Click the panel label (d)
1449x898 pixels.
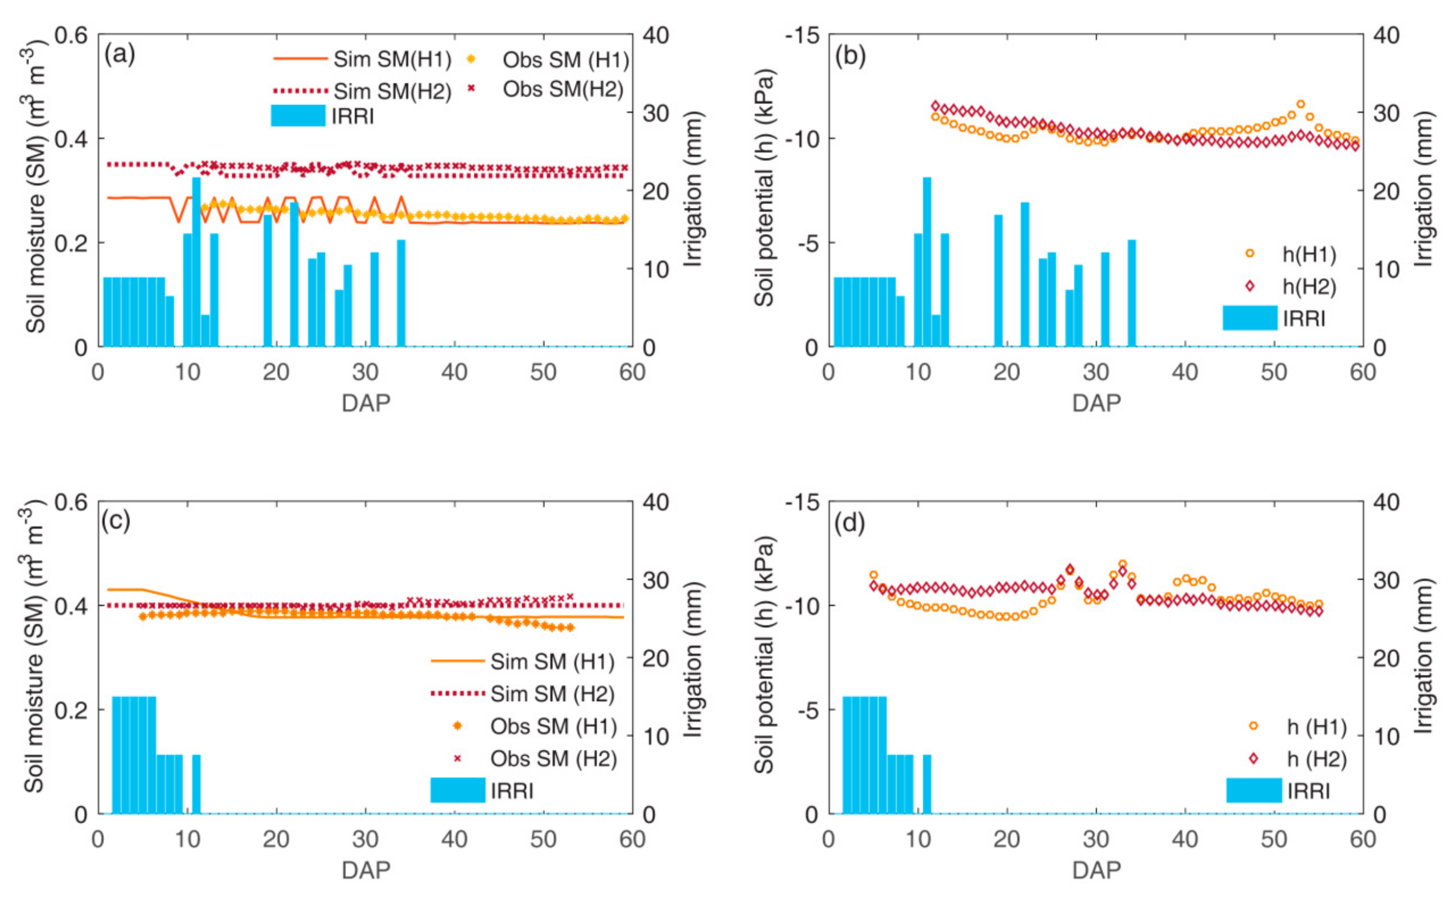click(x=850, y=522)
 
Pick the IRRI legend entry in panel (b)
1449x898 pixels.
click(x=1304, y=318)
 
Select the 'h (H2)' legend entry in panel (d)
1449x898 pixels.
click(x=1316, y=759)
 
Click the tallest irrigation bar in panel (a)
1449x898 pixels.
click(x=196, y=261)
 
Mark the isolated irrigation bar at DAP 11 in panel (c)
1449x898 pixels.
click(x=196, y=784)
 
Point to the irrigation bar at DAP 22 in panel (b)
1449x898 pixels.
click(x=1025, y=275)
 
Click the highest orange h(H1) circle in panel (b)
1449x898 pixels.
click(x=1300, y=104)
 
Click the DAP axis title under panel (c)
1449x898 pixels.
click(x=366, y=870)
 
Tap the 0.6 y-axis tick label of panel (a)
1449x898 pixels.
click(x=71, y=35)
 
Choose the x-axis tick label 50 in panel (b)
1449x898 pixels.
click(x=1274, y=372)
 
